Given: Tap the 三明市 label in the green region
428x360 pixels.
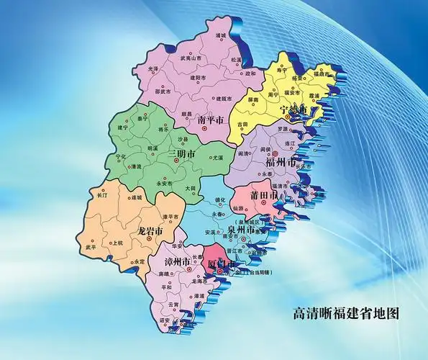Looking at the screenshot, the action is pyautogui.click(x=183, y=155).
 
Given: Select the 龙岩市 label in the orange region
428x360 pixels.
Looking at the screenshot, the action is pyautogui.click(x=150, y=231).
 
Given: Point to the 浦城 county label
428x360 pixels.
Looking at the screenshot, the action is pyautogui.click(x=221, y=35).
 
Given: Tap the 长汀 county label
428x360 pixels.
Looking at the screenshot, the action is pyautogui.click(x=101, y=194).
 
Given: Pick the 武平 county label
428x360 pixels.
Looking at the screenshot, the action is pyautogui.click(x=91, y=247).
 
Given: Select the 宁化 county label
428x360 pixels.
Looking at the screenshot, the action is pyautogui.click(x=120, y=156).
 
